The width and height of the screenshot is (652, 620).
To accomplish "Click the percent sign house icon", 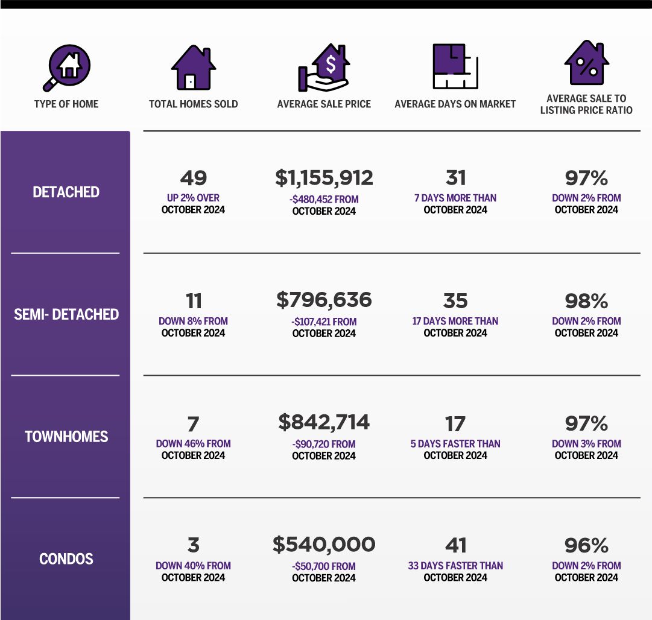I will click(586, 63).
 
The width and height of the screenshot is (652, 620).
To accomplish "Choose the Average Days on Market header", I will click(455, 104).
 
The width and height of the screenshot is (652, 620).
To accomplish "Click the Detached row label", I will click(66, 192).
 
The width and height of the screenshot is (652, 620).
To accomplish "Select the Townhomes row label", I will click(66, 437).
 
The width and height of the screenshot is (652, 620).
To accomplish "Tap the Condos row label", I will click(66, 559).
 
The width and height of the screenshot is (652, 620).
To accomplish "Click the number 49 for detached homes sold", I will click(193, 178).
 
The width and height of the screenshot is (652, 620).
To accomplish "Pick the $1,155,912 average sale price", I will click(324, 178).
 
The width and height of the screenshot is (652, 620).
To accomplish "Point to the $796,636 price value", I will click(324, 300).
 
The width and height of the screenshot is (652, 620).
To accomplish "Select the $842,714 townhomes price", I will click(324, 422).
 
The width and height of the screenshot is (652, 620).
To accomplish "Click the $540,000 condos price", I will click(324, 545).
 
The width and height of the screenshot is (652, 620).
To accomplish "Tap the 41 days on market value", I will click(455, 546).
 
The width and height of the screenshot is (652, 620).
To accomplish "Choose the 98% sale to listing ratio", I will click(586, 301).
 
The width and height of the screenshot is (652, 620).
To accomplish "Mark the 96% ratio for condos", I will click(586, 546).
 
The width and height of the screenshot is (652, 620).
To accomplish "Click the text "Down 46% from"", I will click(193, 443).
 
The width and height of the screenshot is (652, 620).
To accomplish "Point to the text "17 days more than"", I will click(455, 321).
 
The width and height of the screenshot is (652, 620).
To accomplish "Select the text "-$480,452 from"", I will click(324, 199).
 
